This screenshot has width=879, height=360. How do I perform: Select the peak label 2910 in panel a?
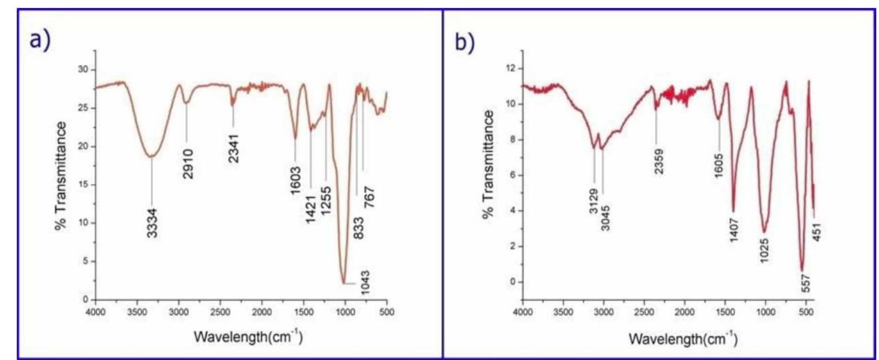tap(188, 164)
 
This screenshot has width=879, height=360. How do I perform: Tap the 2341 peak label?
tap(234, 148)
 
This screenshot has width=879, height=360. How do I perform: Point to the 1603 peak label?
tap(295, 180)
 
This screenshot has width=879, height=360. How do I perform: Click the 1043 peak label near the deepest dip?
tap(364, 283)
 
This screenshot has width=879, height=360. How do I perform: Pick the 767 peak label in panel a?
tap(369, 197)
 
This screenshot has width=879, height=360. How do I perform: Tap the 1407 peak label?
tap(734, 229)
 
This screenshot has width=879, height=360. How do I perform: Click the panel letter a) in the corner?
tap(40, 39)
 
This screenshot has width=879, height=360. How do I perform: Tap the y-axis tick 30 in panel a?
tap(83, 69)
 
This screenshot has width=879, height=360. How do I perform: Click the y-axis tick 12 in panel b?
tap(512, 68)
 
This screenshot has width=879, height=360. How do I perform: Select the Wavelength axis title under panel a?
tap(248, 337)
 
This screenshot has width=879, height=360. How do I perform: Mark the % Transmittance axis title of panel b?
tap(488, 164)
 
